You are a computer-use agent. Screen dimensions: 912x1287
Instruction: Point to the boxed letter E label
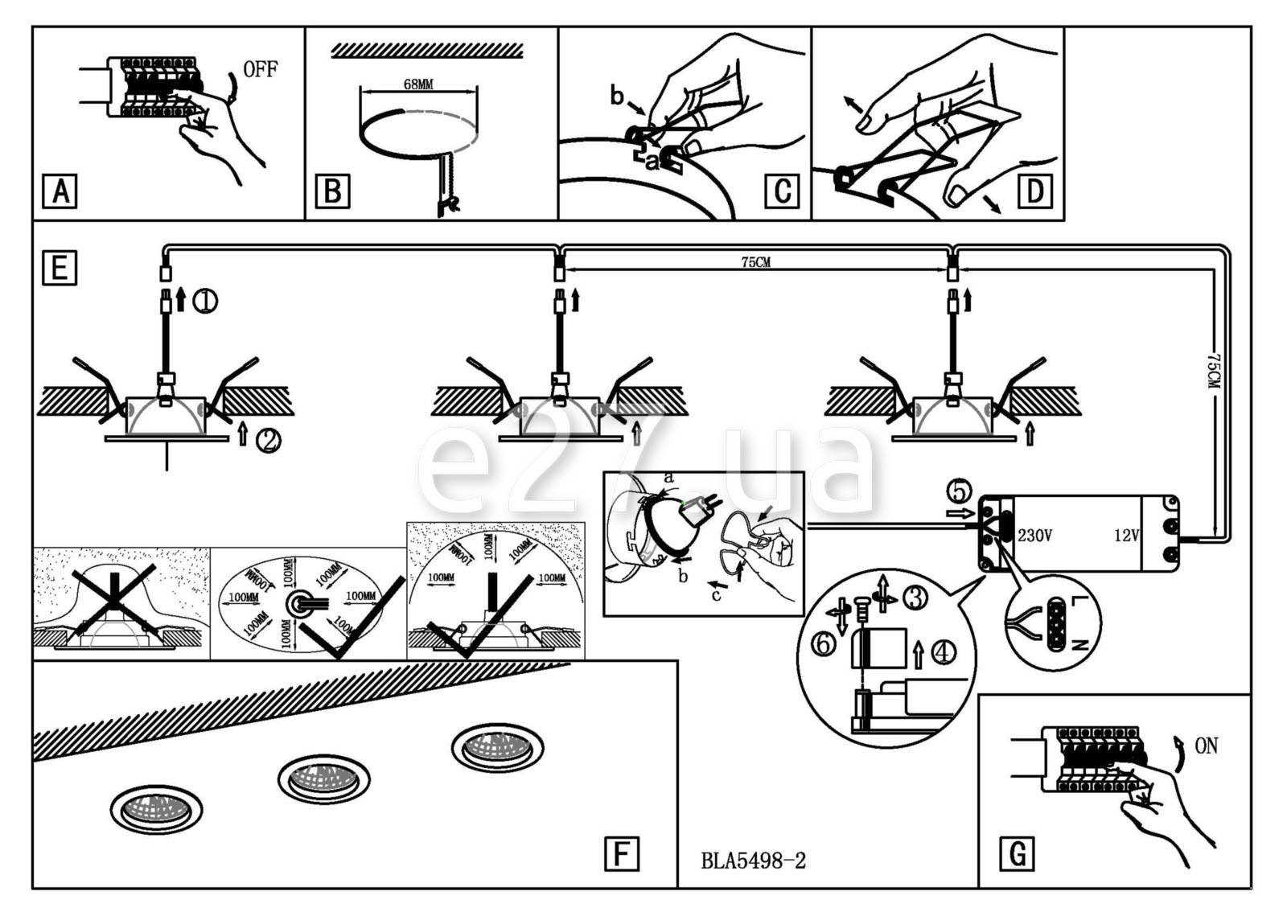(x=59, y=268)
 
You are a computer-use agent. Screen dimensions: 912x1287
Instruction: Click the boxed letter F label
(x=621, y=853)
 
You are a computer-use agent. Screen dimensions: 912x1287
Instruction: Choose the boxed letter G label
(x=1017, y=853)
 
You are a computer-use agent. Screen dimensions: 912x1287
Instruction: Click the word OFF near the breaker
(x=260, y=70)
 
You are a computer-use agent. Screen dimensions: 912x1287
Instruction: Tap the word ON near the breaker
(x=1206, y=746)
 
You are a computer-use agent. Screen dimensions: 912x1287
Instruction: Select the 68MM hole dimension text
(x=418, y=84)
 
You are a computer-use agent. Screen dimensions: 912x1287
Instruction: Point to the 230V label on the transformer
(x=1034, y=535)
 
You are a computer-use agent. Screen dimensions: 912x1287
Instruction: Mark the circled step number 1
(x=205, y=302)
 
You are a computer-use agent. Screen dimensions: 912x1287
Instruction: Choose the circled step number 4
(x=944, y=651)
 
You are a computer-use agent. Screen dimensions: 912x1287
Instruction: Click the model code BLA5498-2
(x=754, y=861)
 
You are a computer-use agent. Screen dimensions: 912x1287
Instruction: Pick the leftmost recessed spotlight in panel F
(x=156, y=807)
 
